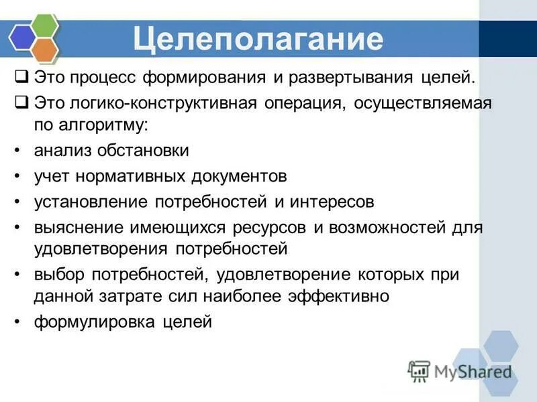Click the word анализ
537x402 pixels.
click(62, 151)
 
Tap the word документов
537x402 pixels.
click(230, 176)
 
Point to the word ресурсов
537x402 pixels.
click(271, 227)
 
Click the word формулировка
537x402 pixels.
click(93, 322)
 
